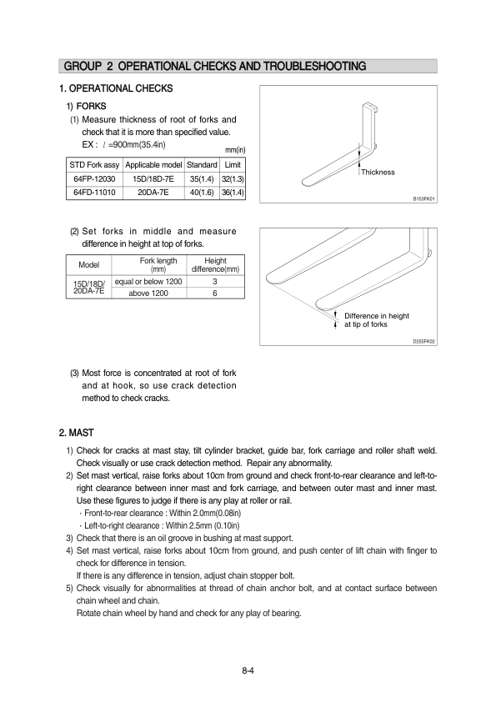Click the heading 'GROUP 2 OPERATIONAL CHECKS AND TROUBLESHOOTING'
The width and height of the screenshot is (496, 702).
click(215, 66)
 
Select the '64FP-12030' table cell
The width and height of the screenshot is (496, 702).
click(94, 179)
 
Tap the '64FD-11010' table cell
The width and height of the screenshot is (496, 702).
click(94, 193)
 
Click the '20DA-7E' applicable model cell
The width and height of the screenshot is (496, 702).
click(153, 193)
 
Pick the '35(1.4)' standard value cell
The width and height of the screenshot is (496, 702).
click(202, 179)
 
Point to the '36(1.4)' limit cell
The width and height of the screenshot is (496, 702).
click(233, 193)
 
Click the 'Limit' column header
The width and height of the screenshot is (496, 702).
click(233, 165)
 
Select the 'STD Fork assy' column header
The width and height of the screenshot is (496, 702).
click(94, 165)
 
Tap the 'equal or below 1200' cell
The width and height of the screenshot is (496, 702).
click(148, 282)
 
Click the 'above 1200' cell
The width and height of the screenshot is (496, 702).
click(148, 293)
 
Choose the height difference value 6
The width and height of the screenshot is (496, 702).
click(215, 293)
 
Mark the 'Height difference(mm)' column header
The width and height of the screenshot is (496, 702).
click(215, 264)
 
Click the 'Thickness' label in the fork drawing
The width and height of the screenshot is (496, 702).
click(378, 173)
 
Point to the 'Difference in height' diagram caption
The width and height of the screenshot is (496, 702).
click(377, 316)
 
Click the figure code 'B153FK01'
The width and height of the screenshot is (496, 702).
click(424, 198)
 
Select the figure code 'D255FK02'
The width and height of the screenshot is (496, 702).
click(424, 342)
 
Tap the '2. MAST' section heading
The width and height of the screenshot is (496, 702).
click(77, 433)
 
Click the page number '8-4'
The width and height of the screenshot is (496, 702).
click(248, 670)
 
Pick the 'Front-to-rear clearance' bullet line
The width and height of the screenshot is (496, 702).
click(160, 513)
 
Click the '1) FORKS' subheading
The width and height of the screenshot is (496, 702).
click(87, 106)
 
